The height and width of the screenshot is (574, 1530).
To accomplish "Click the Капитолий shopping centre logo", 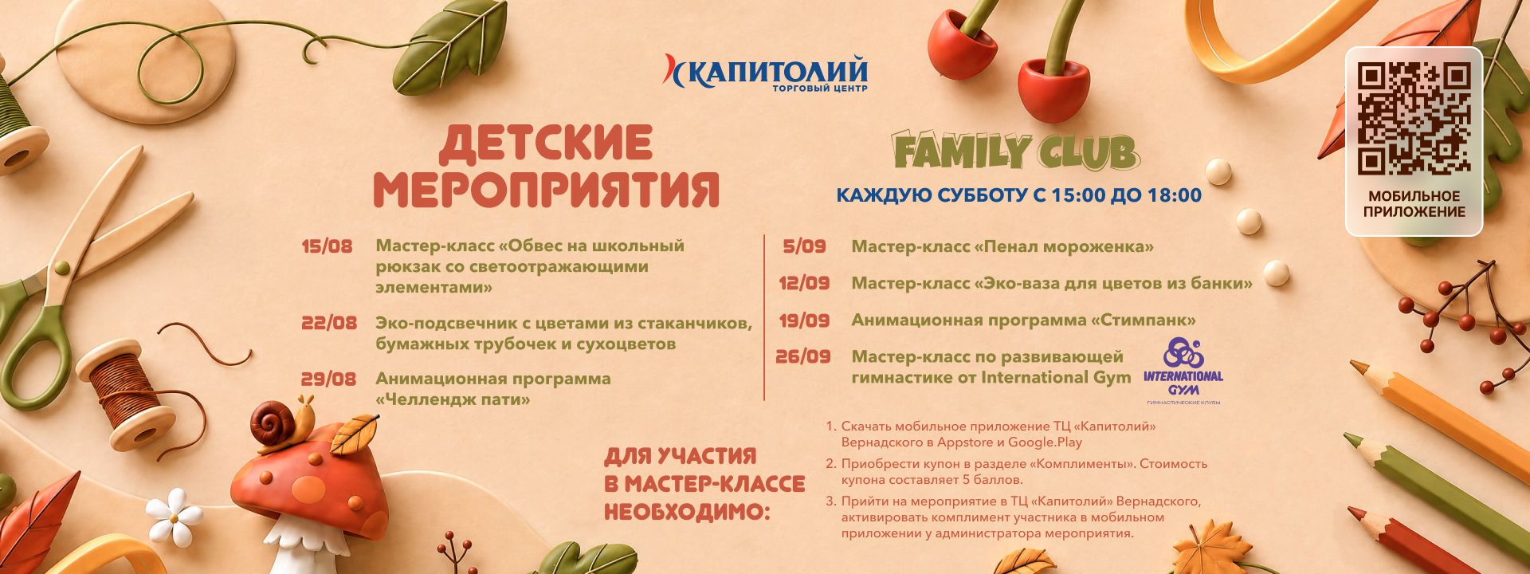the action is pos(766,73).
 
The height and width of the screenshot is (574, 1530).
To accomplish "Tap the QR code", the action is pos(1414,119).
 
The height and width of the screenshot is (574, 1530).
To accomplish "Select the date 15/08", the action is pos(327,246).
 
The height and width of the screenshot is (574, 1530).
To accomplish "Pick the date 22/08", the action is pos(329,324).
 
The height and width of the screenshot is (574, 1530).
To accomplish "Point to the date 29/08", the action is pos(329,379).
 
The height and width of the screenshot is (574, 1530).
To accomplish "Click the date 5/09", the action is pos(804,247).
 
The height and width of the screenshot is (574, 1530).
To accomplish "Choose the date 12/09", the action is pos(804,284).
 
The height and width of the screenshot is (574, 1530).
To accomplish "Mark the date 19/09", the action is pos(804,320).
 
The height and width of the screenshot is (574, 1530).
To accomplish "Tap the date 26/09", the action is pos(803,357).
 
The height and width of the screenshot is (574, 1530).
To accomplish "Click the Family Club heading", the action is pos(1016,152).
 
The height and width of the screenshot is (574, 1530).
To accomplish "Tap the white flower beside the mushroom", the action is pos(175,516).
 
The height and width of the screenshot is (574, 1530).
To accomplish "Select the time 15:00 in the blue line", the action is pos(1076,195).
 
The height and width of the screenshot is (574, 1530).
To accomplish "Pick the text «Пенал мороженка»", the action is pos(1064,247).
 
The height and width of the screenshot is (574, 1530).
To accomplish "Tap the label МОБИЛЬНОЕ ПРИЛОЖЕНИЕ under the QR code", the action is pos(1414,204).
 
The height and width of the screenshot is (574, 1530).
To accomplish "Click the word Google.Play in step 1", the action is pos(1045,442).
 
